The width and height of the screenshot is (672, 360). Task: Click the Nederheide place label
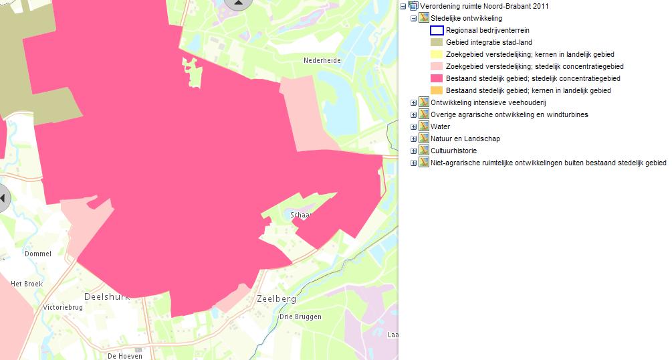[x=322, y=60]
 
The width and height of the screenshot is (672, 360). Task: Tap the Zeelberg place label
[x=276, y=299]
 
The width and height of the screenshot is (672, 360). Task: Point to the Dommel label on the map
[x=37, y=254]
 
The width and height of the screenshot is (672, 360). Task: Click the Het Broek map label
[x=27, y=284]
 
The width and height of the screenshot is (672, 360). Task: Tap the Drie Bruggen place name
[x=301, y=317]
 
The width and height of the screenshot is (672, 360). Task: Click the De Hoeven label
[x=124, y=356]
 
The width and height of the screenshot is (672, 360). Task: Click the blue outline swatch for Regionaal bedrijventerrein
[x=436, y=30]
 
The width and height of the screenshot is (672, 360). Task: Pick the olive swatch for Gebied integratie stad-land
[x=436, y=42]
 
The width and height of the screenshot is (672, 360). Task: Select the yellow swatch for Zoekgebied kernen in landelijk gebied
[x=436, y=54]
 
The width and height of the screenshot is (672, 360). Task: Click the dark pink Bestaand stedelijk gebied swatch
[x=436, y=78]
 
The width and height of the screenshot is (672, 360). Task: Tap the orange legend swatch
[x=436, y=90]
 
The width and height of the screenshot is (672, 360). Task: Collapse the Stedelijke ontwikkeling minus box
[x=413, y=18]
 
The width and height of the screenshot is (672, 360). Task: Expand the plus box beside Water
[x=413, y=126]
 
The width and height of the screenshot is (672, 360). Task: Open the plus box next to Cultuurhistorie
[x=413, y=151]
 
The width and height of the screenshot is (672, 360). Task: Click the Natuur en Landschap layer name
[x=465, y=139]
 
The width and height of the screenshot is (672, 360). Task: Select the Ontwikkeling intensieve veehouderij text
[x=488, y=102]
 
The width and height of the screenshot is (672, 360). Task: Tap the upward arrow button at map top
[x=238, y=3]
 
